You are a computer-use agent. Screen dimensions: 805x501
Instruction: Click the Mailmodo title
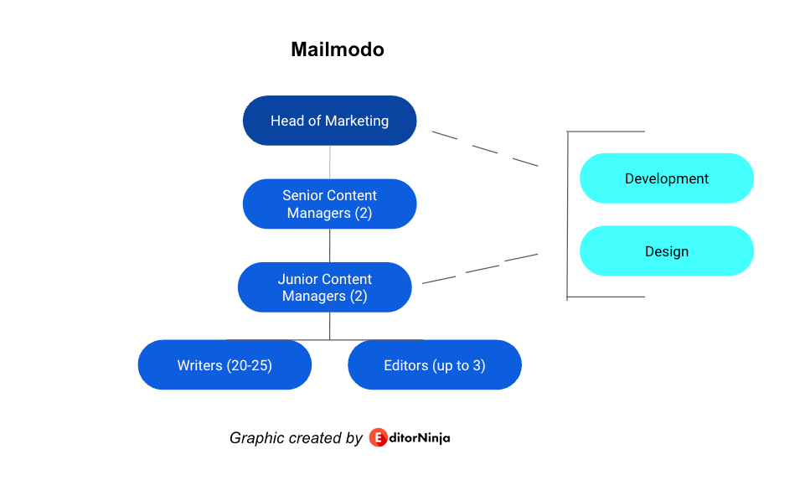coord(338,49)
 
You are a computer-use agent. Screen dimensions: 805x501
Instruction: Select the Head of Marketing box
coord(329,121)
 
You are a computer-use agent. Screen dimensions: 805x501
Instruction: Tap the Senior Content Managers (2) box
coord(329,204)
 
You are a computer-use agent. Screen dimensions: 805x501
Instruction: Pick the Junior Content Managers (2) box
coord(324,287)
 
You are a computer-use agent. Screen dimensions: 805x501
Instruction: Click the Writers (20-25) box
coord(224,365)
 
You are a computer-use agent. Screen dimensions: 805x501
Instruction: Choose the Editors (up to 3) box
coord(435,365)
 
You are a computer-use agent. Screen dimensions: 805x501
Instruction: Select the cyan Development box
coord(667,178)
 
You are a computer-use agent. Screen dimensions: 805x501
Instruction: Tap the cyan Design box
coord(667,251)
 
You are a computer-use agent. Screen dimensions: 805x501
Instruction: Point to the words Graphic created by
coord(296,438)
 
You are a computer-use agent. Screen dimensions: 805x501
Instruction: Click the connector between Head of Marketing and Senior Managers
coord(329,163)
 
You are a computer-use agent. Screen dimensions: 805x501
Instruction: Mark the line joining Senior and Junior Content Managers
coord(329,245)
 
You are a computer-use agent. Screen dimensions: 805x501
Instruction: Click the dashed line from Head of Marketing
coord(485,149)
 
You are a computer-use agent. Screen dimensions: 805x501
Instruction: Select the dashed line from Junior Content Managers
coord(480,268)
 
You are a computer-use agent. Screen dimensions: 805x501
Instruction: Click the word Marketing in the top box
coord(357,121)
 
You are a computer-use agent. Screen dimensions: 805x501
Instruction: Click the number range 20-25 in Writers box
coord(249,365)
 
